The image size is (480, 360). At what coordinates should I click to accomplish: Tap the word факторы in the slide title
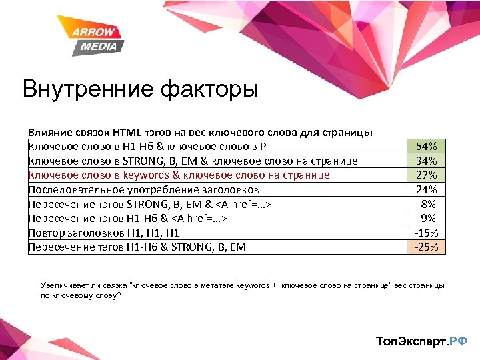point(213,89)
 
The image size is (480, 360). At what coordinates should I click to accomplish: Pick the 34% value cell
point(427,161)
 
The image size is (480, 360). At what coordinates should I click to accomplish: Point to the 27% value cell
point(427,175)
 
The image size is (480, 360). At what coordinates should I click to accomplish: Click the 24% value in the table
point(427,189)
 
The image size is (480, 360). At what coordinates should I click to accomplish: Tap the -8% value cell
point(427,204)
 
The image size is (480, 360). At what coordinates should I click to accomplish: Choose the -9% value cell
point(427,218)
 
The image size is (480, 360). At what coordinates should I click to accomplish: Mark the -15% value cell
point(427,233)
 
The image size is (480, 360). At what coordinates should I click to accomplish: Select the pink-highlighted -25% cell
point(427,247)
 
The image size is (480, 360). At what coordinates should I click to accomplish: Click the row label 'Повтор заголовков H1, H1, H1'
point(103,233)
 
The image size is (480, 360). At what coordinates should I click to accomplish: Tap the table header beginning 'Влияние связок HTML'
point(200,133)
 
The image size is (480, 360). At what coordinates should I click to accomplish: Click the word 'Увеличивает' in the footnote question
point(62,285)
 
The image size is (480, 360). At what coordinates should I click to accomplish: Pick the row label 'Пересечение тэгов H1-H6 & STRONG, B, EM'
point(137,247)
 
